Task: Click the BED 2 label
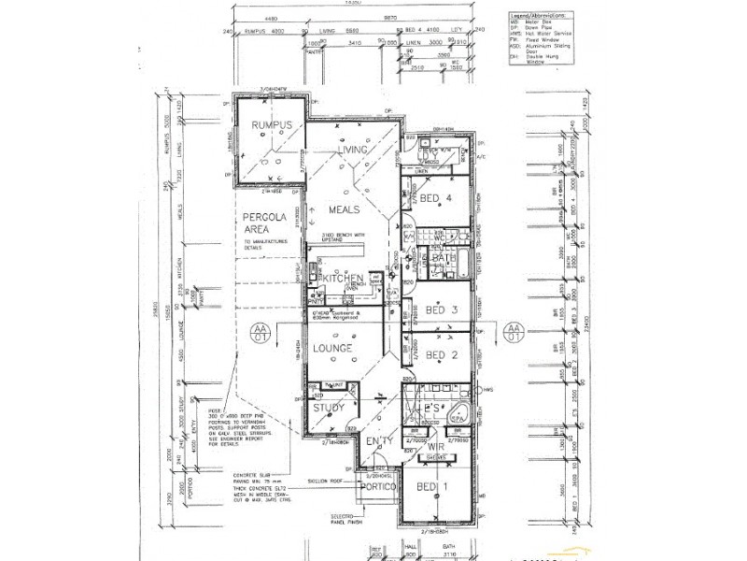click(439, 355)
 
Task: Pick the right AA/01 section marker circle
click(513, 334)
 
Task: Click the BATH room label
click(443, 259)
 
